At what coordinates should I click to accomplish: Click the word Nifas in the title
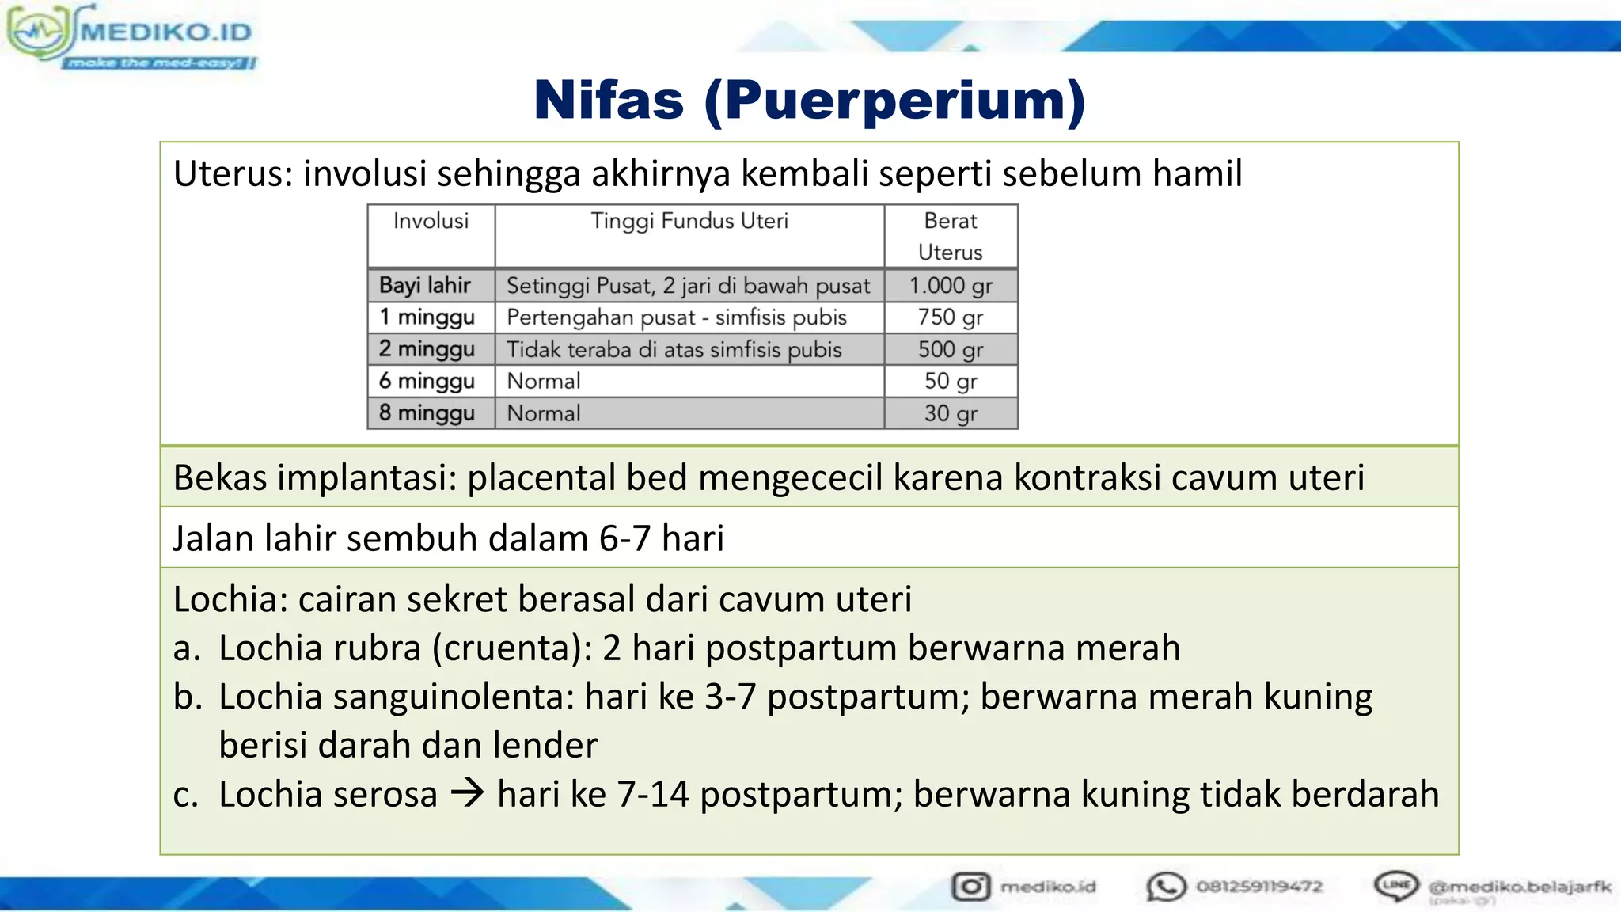tap(609, 101)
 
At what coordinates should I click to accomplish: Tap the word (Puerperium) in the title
tap(894, 102)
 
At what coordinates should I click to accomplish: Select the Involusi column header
tap(431, 221)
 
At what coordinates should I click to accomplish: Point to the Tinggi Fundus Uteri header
tap(689, 221)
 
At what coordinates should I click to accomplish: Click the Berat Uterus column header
tap(951, 236)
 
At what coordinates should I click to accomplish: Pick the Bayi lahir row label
tap(425, 285)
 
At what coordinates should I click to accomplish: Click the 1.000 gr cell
tap(951, 286)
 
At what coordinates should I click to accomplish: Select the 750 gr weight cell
tap(951, 317)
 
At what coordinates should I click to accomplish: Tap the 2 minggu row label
tap(427, 349)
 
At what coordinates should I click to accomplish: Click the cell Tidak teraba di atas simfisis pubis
tap(674, 350)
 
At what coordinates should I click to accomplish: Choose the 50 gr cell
tap(951, 382)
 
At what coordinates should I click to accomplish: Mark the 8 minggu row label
tap(427, 413)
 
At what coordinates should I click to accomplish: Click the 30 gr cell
tap(951, 413)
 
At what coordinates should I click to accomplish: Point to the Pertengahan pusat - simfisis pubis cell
tap(677, 317)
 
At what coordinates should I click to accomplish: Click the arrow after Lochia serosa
tap(467, 793)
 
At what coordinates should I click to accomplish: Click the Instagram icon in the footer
tap(970, 886)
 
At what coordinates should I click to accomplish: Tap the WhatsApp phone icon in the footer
tap(1166, 887)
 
